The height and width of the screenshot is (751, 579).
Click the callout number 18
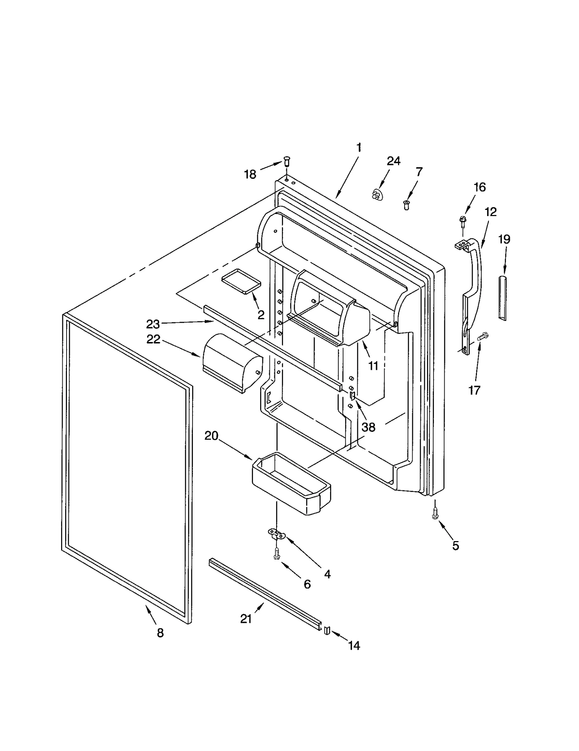click(x=250, y=174)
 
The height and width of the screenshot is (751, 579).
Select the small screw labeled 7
click(x=406, y=205)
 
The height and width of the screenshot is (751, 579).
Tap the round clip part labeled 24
click(x=377, y=195)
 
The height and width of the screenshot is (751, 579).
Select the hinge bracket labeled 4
click(x=277, y=532)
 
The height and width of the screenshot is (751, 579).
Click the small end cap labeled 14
click(x=327, y=630)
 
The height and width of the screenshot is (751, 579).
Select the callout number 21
click(x=246, y=619)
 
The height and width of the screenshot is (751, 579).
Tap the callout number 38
click(x=368, y=427)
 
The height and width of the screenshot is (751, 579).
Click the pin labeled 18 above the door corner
click(x=287, y=161)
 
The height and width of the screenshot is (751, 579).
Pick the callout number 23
click(x=153, y=324)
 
